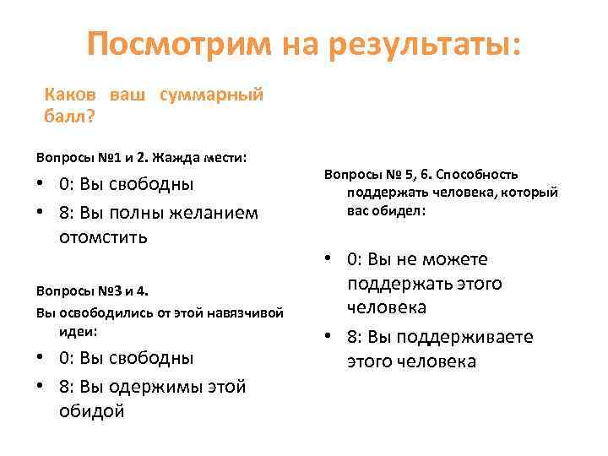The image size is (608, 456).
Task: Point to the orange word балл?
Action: click(x=68, y=115)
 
